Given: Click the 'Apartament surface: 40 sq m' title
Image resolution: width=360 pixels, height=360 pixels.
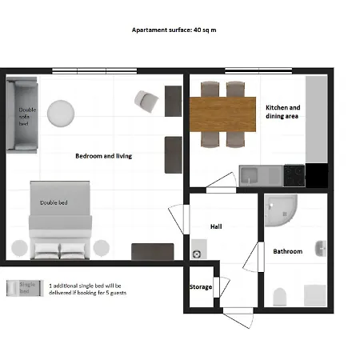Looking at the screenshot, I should pos(179,30).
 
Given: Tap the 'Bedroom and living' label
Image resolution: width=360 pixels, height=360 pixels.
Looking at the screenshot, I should pos(103,156).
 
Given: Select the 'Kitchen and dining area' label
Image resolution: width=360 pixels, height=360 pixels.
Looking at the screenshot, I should pos(282,111).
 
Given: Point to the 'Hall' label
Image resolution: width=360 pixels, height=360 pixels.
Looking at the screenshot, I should pos(216,226).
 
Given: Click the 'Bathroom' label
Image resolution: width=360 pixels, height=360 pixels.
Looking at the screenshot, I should pos(287,251).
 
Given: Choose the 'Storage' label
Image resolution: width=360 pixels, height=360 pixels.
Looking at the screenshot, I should pos(201,286).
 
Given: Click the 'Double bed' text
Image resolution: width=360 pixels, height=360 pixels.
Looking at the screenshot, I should pos(54,202).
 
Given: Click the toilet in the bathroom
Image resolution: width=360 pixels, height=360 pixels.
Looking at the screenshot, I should pos(279,298).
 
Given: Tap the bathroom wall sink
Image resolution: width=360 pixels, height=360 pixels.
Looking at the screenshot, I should pos(321,249).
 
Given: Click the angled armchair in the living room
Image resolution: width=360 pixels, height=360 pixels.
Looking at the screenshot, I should pos(147,99).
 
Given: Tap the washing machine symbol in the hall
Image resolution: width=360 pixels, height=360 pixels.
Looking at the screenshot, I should pos(197,253).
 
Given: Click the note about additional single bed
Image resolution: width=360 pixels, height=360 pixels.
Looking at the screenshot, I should pos(87,289).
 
